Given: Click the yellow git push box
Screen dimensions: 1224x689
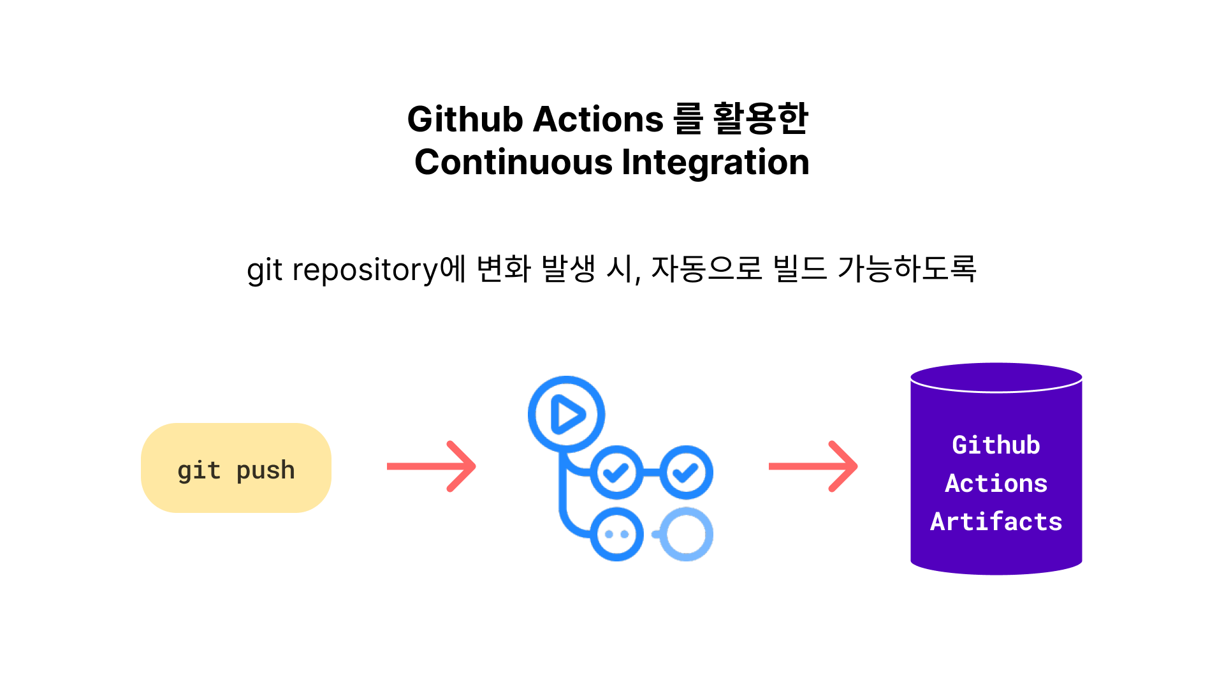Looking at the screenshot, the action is (x=236, y=468).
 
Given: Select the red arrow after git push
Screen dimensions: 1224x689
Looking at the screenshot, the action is (x=431, y=466).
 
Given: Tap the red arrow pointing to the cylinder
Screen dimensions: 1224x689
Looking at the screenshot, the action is (x=813, y=466).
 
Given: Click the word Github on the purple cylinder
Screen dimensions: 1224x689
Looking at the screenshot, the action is (x=996, y=445).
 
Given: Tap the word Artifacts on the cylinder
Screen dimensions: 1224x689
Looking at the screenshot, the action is (x=996, y=521).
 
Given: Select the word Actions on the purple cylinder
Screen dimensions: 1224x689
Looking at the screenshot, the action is (x=996, y=483).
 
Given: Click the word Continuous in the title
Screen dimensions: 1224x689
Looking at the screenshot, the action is (x=513, y=162).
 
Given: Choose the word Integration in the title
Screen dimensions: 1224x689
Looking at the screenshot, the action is (x=715, y=162).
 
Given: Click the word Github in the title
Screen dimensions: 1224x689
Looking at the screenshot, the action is (x=465, y=119).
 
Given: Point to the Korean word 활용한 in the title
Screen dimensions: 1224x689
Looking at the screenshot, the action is (x=761, y=119).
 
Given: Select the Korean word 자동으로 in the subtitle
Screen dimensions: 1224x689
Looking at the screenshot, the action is (x=706, y=269).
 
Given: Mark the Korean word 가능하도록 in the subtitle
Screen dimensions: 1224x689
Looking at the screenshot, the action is (x=907, y=269).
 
